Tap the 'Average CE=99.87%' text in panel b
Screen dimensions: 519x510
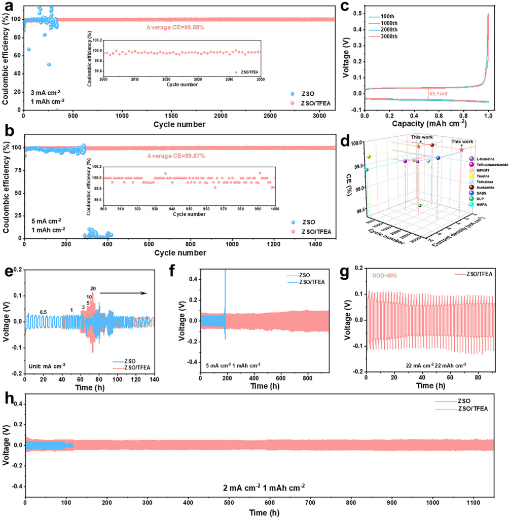(176, 156)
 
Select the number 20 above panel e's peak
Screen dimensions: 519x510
(93, 289)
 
